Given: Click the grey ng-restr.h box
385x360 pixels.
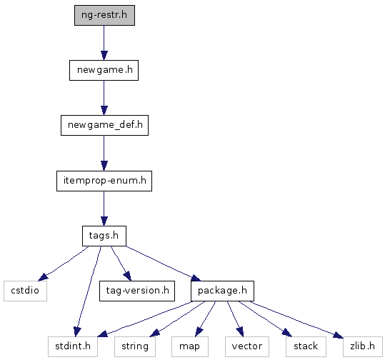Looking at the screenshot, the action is [104, 15].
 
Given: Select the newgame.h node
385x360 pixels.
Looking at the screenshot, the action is [104, 70].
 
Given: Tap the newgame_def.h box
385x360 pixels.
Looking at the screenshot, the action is [104, 125].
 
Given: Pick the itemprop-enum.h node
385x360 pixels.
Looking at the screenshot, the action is [104, 181].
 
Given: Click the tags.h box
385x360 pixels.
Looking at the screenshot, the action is [104, 236].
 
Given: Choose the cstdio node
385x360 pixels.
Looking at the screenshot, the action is [25, 291].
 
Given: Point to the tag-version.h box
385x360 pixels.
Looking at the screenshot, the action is [137, 291].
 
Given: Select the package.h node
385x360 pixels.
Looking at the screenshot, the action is [222, 291].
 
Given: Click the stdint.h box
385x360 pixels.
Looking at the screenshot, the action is [73, 346].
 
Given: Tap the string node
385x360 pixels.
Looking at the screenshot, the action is [135, 346].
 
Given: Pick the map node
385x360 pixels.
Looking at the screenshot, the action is [190, 346].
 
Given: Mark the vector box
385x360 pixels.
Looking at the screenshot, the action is [247, 346].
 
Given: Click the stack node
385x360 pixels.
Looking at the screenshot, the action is [306, 346].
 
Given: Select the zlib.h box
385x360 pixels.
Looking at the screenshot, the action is [363, 346].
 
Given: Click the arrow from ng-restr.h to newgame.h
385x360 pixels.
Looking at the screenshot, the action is [104, 43].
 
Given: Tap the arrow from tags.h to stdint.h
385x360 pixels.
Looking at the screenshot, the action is [89, 291].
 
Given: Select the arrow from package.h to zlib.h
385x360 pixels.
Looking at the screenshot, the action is [296, 319].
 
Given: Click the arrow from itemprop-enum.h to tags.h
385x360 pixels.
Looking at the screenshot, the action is [104, 209].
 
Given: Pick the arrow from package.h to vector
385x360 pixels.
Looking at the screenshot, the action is [235, 319].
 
